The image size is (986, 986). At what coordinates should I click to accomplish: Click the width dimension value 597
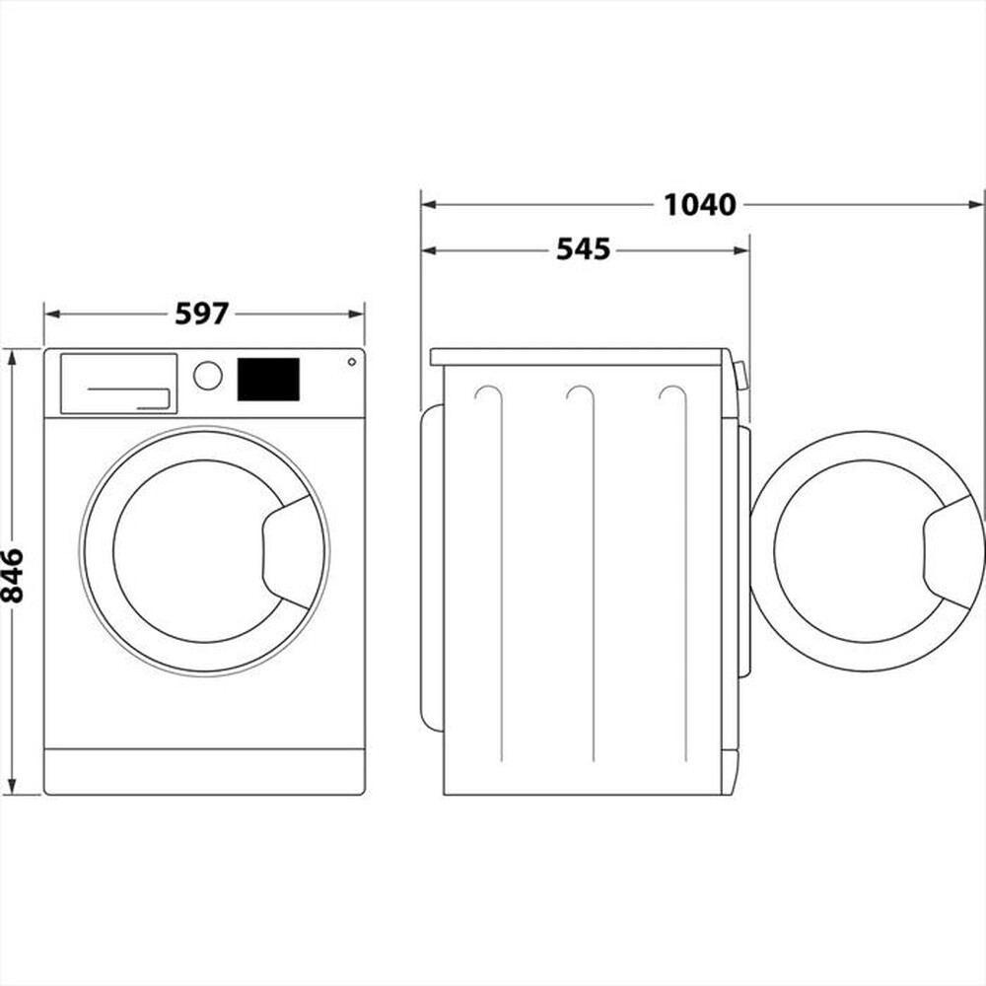coord(202,314)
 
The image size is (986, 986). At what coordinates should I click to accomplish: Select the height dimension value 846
coord(12,575)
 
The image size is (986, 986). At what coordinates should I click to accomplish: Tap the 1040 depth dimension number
coord(699,204)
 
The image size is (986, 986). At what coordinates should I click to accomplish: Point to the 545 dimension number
coord(584,249)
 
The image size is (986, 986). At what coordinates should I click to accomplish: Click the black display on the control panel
coord(268,380)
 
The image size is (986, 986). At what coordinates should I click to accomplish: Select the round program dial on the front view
coord(208,376)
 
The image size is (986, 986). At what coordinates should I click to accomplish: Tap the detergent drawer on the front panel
coord(118,384)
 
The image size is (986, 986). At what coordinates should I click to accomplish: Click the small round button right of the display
coord(351,362)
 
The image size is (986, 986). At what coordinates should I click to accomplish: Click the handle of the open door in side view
coord(951,551)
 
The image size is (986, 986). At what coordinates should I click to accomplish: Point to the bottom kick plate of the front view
coord(204,771)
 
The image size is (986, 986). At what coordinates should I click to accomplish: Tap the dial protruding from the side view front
coord(740,376)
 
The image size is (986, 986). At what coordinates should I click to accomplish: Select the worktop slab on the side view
coord(582,356)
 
